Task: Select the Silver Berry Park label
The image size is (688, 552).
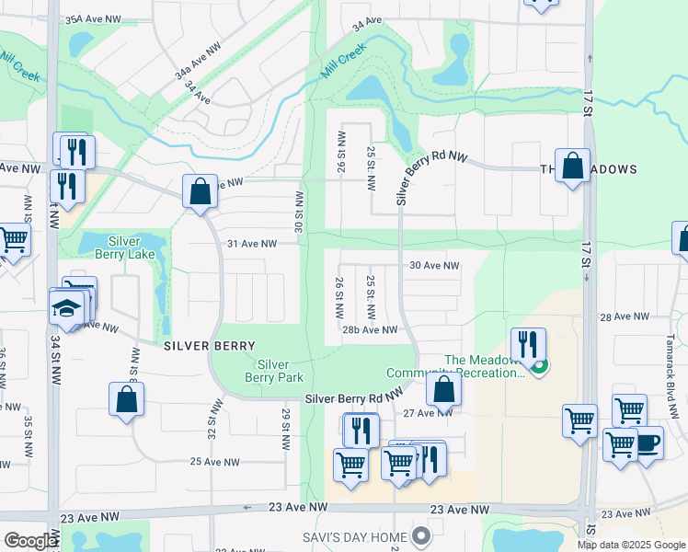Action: click(274, 371)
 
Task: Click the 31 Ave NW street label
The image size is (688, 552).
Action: click(251, 244)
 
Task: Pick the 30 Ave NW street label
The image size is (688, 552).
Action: click(434, 265)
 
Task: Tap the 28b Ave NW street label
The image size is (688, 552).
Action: click(370, 329)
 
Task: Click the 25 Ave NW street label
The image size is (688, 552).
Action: click(215, 461)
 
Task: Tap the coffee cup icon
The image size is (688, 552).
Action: click(648, 442)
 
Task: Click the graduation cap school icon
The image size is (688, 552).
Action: click(67, 307)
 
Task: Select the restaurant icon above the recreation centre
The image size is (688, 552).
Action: click(528, 344)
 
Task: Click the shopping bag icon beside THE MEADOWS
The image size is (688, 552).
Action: click(572, 167)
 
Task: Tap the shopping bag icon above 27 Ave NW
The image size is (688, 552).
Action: click(443, 388)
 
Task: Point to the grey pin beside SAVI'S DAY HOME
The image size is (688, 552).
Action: click(422, 535)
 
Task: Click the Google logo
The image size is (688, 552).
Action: click(30, 541)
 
